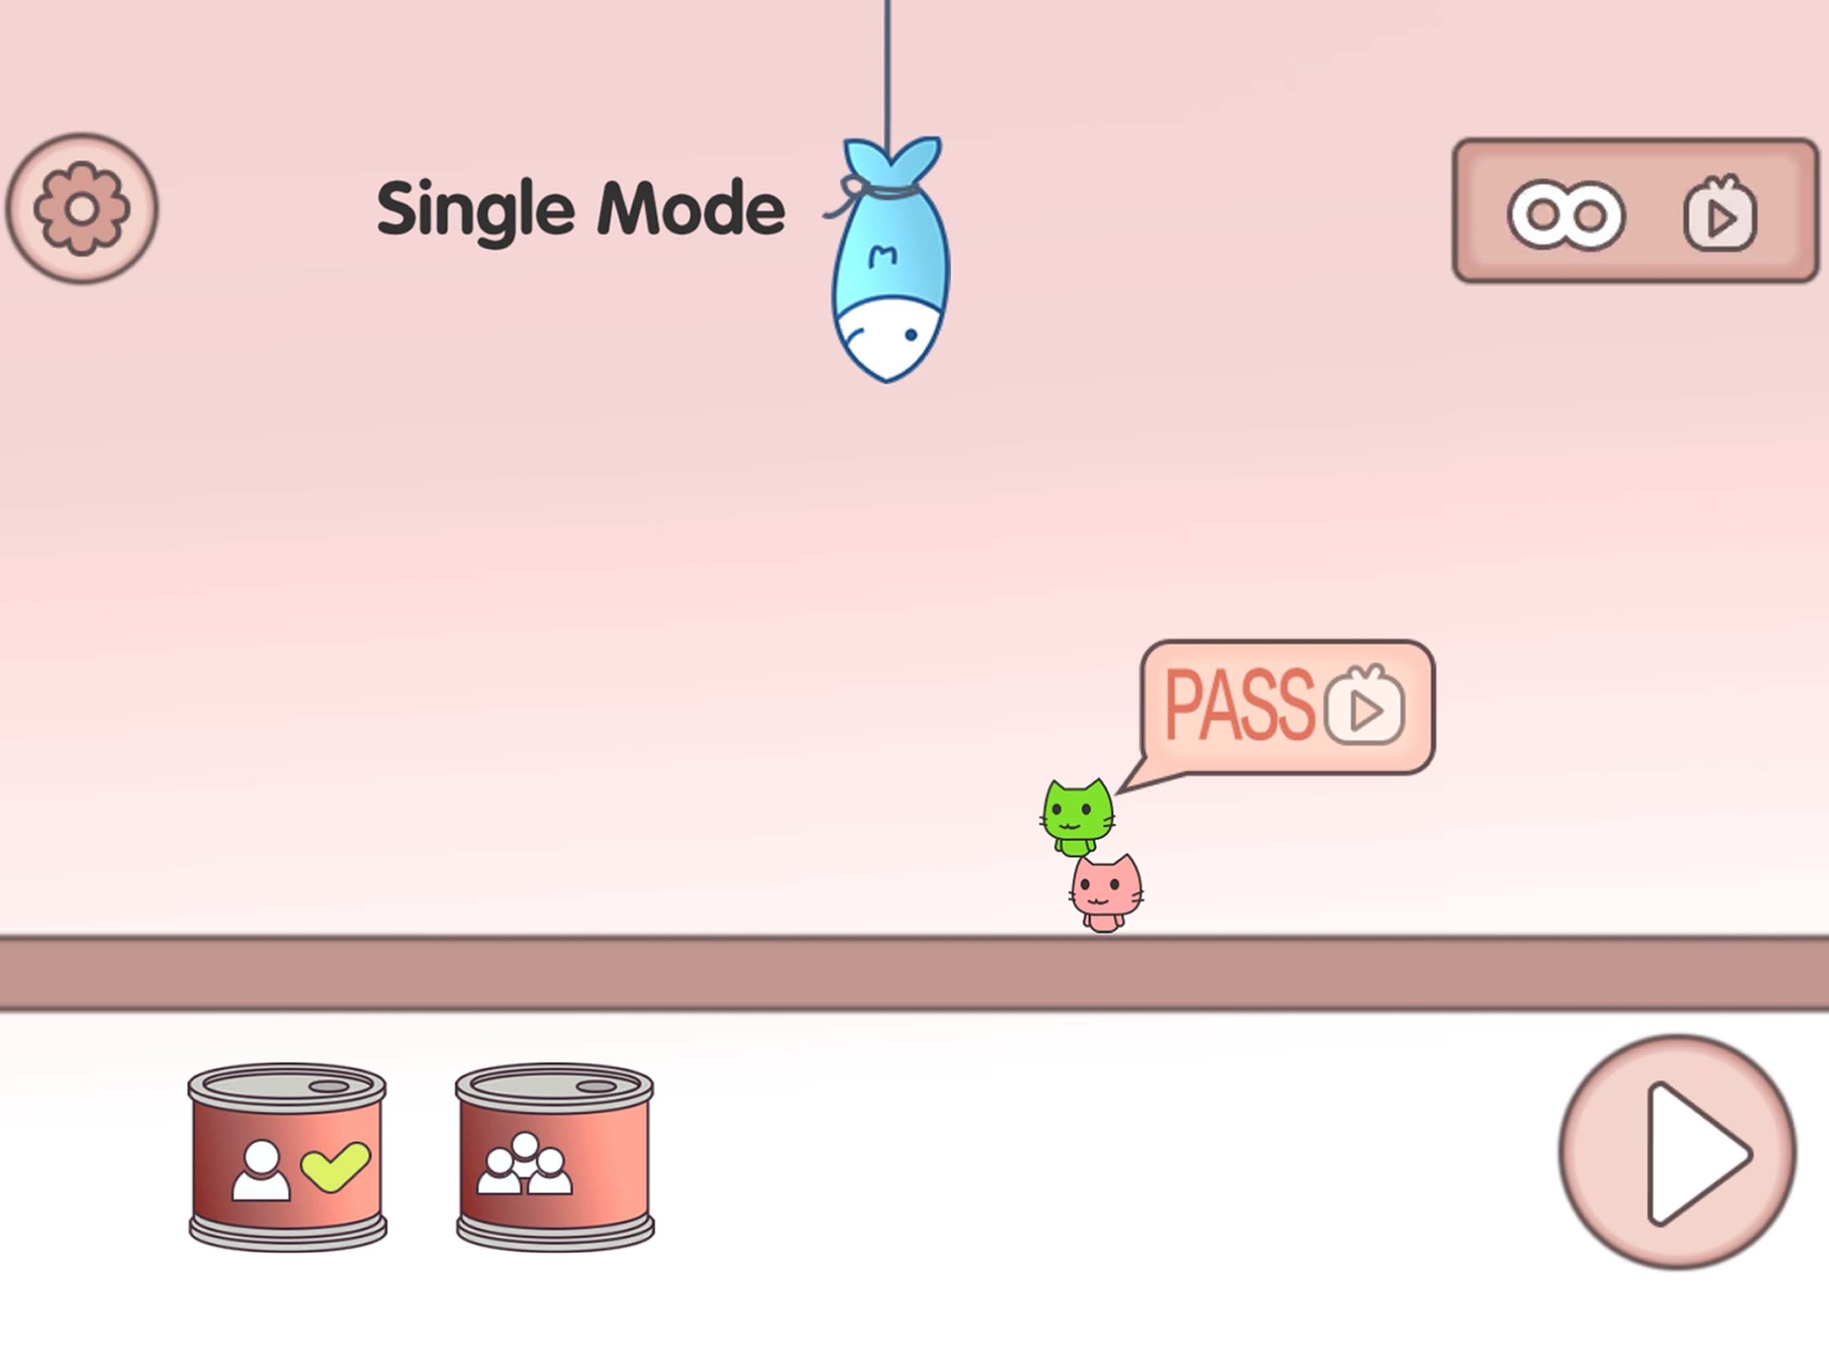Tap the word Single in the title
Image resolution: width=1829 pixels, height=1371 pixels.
[x=475, y=212]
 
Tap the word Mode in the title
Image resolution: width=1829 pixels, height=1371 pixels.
[x=690, y=208]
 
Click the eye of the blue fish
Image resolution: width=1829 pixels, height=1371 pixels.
[x=910, y=335]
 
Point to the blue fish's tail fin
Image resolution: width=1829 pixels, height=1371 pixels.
[x=891, y=162]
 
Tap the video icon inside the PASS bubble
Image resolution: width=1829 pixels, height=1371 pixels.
[x=1364, y=706]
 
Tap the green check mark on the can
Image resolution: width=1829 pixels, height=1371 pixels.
[x=335, y=1167]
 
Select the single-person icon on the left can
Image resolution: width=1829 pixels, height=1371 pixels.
[x=261, y=1170]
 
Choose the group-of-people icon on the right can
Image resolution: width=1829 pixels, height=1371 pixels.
[x=524, y=1163]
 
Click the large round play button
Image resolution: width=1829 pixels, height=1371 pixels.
[x=1678, y=1152]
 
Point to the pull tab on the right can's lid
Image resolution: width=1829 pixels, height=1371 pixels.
[x=595, y=1086]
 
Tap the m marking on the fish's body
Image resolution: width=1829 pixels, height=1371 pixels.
[x=883, y=256]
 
